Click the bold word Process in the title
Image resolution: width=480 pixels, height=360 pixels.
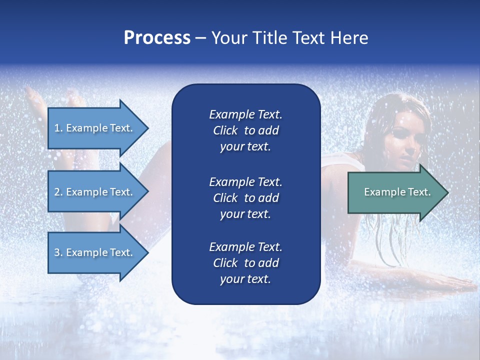pos(157,38)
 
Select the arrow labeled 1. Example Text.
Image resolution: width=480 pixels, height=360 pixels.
pos(95,128)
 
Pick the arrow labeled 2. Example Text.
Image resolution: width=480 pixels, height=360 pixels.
pos(95,192)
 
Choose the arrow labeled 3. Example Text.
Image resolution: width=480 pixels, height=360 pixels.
pos(95,252)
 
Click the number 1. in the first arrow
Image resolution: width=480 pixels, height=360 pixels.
pos(58,128)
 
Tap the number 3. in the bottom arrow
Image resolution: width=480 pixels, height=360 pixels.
pos(58,252)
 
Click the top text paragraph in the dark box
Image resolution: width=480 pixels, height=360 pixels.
pos(245,130)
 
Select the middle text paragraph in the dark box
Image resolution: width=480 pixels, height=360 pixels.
pos(245,198)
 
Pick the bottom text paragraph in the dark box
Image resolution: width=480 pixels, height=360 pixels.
pos(245,263)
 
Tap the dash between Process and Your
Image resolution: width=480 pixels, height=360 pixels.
pos(200,38)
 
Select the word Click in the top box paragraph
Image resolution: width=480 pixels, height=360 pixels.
pos(225,130)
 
